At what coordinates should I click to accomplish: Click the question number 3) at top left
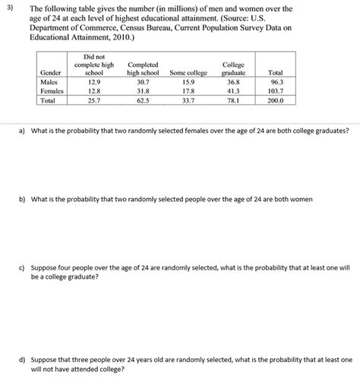(7, 6)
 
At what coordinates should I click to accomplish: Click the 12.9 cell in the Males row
(94, 80)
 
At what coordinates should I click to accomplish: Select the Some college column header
(188, 72)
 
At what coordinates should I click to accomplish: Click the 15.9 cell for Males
(188, 80)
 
